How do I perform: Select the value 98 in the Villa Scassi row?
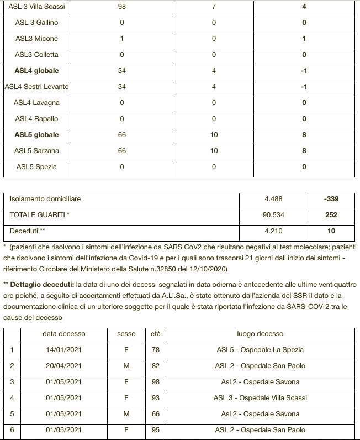(x=121, y=7)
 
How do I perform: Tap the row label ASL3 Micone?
(x=36, y=39)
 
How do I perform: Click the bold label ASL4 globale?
(x=36, y=71)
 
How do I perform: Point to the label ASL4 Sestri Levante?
(x=36, y=87)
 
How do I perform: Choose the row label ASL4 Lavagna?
(x=36, y=103)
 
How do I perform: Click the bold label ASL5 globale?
(x=36, y=135)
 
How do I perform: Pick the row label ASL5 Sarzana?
(x=36, y=151)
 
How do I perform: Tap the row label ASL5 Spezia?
(x=36, y=167)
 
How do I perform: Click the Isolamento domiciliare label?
(x=45, y=199)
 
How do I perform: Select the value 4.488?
(x=273, y=200)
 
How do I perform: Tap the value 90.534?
(x=273, y=215)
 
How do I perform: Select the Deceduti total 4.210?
(x=273, y=231)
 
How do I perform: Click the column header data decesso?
(x=64, y=334)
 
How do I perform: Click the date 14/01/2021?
(x=64, y=350)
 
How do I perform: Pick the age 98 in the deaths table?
(x=156, y=382)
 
